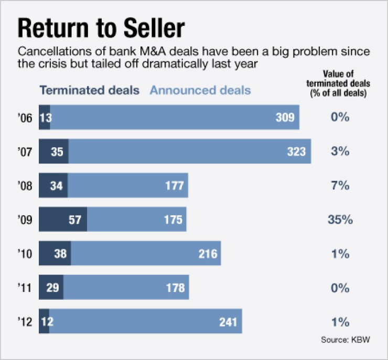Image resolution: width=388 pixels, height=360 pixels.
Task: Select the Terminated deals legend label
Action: [90, 90]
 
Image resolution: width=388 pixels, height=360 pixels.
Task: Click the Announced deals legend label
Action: [200, 90]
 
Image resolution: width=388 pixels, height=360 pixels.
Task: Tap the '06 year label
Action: [26, 117]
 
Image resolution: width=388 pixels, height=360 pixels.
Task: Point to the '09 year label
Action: [26, 220]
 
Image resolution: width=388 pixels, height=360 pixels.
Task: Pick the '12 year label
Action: [26, 321]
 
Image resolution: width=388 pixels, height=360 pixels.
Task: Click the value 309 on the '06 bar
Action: [285, 117]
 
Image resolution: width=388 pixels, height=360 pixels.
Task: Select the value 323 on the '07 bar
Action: [296, 151]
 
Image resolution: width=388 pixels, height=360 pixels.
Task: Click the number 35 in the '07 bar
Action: [57, 151]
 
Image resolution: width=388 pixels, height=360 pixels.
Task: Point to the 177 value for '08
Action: [174, 186]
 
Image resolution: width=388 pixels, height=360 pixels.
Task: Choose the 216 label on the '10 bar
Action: [208, 254]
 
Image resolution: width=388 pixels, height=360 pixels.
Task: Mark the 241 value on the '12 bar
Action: [229, 321]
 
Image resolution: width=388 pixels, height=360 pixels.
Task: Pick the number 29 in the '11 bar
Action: [51, 288]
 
